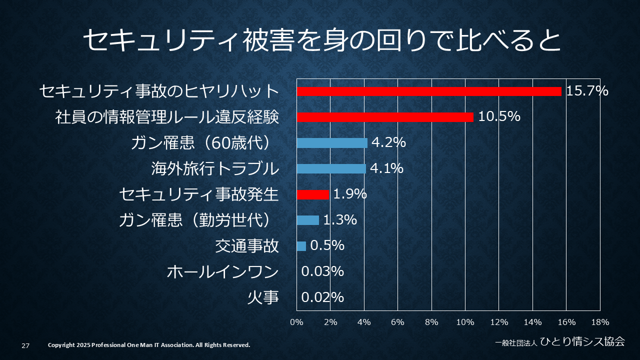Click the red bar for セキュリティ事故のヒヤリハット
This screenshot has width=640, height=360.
[x=429, y=91]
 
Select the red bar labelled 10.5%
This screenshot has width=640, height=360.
[x=385, y=117]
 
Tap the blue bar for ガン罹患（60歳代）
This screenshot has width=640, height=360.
[x=332, y=143]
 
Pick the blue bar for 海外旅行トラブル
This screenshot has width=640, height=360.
[x=331, y=168]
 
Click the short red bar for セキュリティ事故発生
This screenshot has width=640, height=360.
[x=313, y=194]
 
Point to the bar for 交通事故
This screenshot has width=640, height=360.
[x=301, y=246]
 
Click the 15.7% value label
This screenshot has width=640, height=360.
[x=587, y=91]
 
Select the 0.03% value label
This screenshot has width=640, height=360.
[x=322, y=271]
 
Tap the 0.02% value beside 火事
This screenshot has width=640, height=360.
[x=322, y=297]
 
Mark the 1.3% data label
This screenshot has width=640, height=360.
[x=340, y=220]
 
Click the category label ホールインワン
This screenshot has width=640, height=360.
[x=222, y=272]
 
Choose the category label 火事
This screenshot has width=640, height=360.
[x=263, y=298]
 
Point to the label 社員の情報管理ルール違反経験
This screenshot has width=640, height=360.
[x=167, y=117]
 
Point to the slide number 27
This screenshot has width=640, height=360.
[x=25, y=345]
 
